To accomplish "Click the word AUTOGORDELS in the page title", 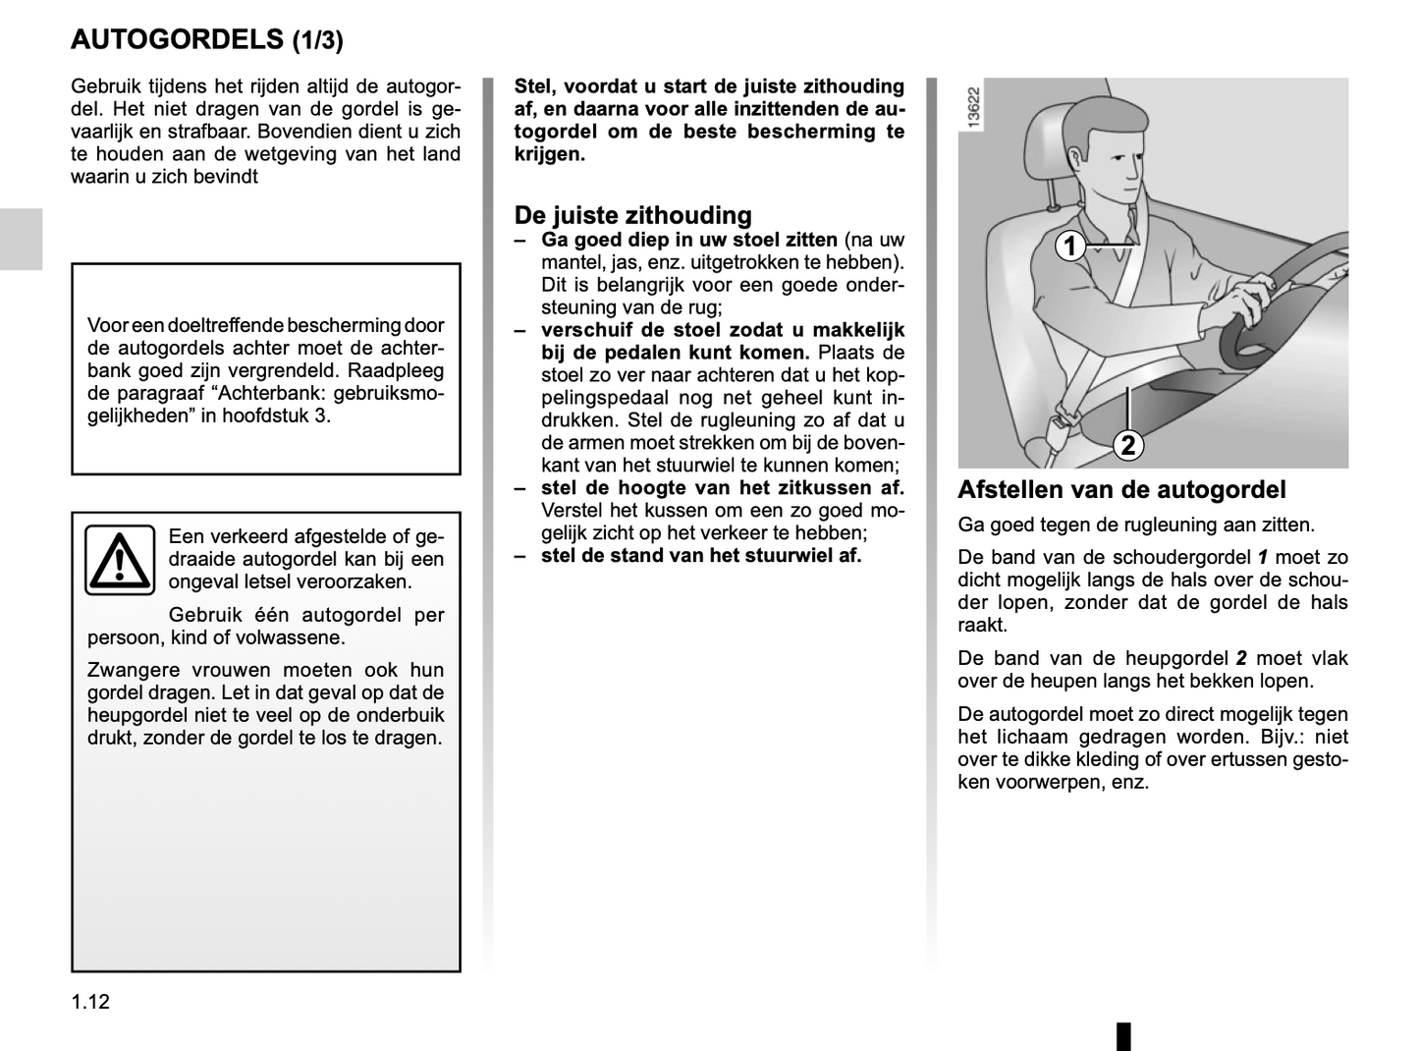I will pyautogui.click(x=177, y=39).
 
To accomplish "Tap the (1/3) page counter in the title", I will pyautogui.click(x=318, y=40).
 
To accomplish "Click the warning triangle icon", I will pyautogui.click(x=119, y=560).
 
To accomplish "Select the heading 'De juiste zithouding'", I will pyautogui.click(x=632, y=215).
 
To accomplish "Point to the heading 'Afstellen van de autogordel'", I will pyautogui.click(x=1121, y=489).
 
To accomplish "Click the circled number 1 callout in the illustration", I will pyautogui.click(x=1070, y=246).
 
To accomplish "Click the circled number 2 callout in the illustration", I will pyautogui.click(x=1128, y=445).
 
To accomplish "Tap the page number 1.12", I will pyautogui.click(x=90, y=1002).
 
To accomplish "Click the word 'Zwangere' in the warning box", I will pyautogui.click(x=129, y=670).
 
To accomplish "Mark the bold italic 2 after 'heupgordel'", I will pyautogui.click(x=1241, y=658).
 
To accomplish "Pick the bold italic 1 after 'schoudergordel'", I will pyautogui.click(x=1263, y=557).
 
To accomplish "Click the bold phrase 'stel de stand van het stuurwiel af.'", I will pyautogui.click(x=700, y=555).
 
